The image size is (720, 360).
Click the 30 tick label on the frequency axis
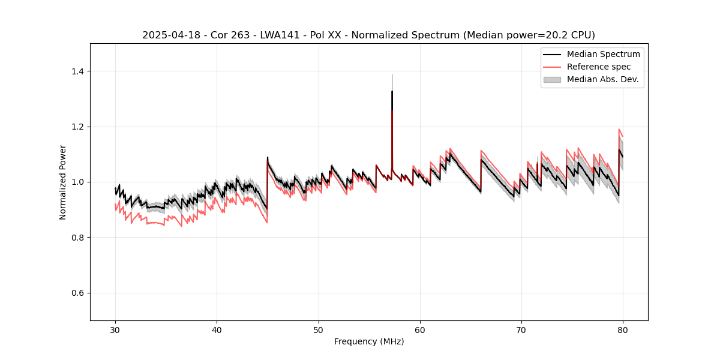(115, 329)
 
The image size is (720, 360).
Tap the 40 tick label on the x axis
(217, 329)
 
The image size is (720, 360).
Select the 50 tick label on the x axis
(319, 329)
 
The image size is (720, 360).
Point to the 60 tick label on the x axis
(420, 329)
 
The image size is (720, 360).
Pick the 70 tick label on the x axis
(521, 329)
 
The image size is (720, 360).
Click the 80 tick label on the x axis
(623, 329)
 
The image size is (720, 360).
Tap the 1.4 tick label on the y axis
(77, 71)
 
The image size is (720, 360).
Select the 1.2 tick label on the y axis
(77, 127)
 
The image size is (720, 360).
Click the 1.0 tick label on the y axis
(77, 182)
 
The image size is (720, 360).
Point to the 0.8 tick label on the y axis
(77, 238)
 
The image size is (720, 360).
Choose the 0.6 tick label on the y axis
(77, 293)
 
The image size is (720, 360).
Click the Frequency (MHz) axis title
(369, 341)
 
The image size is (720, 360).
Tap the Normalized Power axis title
(63, 182)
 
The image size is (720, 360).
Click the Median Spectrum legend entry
(603, 54)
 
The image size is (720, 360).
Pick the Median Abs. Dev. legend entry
(603, 79)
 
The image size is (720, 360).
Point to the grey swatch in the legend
(552, 79)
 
